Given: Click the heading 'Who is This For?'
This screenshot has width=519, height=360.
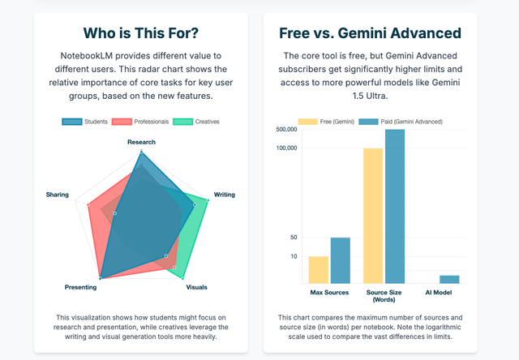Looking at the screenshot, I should (141, 33).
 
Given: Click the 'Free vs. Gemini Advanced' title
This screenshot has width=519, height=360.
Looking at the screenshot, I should (370, 33).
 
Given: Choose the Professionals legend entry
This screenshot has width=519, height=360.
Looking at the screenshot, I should (140, 122).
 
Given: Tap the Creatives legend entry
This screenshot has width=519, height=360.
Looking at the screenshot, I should (195, 122).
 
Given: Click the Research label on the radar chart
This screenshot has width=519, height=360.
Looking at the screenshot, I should (141, 142).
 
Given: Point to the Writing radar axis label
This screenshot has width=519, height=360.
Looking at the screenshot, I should (225, 195).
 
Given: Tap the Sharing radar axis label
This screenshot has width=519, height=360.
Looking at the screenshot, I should (58, 195).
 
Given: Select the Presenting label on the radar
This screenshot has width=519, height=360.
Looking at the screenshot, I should (80, 287).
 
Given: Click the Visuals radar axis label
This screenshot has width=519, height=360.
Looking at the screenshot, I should (196, 287).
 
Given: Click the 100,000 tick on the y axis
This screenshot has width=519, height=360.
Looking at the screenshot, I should (287, 148).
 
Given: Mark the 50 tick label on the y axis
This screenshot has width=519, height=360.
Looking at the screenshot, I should (294, 238).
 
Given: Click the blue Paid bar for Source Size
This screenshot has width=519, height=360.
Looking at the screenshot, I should (395, 206).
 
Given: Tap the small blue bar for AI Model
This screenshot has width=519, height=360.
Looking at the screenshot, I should (449, 279).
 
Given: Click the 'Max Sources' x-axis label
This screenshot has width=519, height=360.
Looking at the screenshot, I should (329, 292).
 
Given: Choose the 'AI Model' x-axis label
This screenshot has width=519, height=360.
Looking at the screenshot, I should (439, 292).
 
